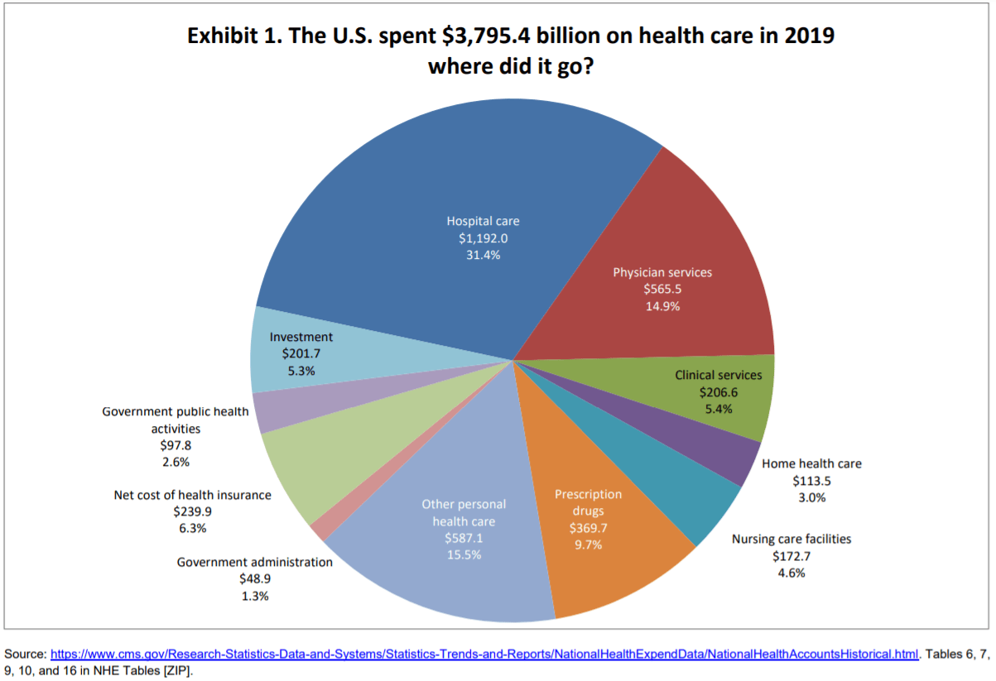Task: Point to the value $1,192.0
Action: coord(483,238)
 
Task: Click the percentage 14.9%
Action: coord(662,306)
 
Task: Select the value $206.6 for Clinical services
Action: coord(718,392)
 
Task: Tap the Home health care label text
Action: coord(811,464)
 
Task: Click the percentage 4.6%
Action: coord(791,573)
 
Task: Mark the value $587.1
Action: coord(464,538)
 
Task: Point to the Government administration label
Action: coord(254,562)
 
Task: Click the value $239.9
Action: coord(192,511)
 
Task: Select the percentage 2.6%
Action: coord(175,462)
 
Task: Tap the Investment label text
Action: coord(301,337)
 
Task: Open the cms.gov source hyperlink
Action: coord(484,654)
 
